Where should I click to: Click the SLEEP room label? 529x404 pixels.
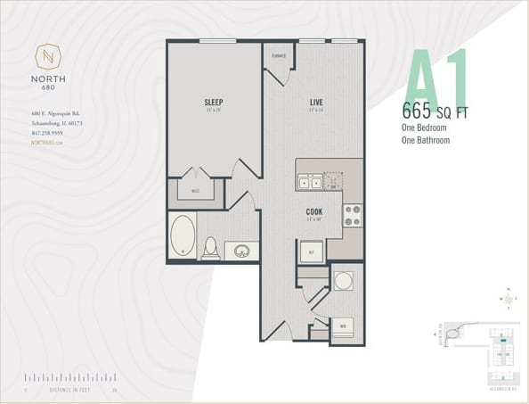coord(212,103)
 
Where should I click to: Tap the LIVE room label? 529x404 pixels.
coord(314,103)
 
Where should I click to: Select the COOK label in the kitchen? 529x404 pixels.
coord(314,211)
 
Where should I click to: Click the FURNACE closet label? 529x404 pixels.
coord(279,55)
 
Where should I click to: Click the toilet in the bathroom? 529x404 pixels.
coord(211,246)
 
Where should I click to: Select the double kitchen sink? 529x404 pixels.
coord(311,182)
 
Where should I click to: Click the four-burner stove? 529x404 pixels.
coord(353,215)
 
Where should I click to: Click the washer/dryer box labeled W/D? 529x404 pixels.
coord(343,327)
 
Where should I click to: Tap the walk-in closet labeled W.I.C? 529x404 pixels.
coord(196,190)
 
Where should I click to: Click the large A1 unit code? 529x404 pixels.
coord(436,80)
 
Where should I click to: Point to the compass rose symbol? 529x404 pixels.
coord(508,297)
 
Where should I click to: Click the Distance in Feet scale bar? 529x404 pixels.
coord(71,379)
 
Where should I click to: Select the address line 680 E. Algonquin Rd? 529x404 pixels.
coord(54,113)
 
